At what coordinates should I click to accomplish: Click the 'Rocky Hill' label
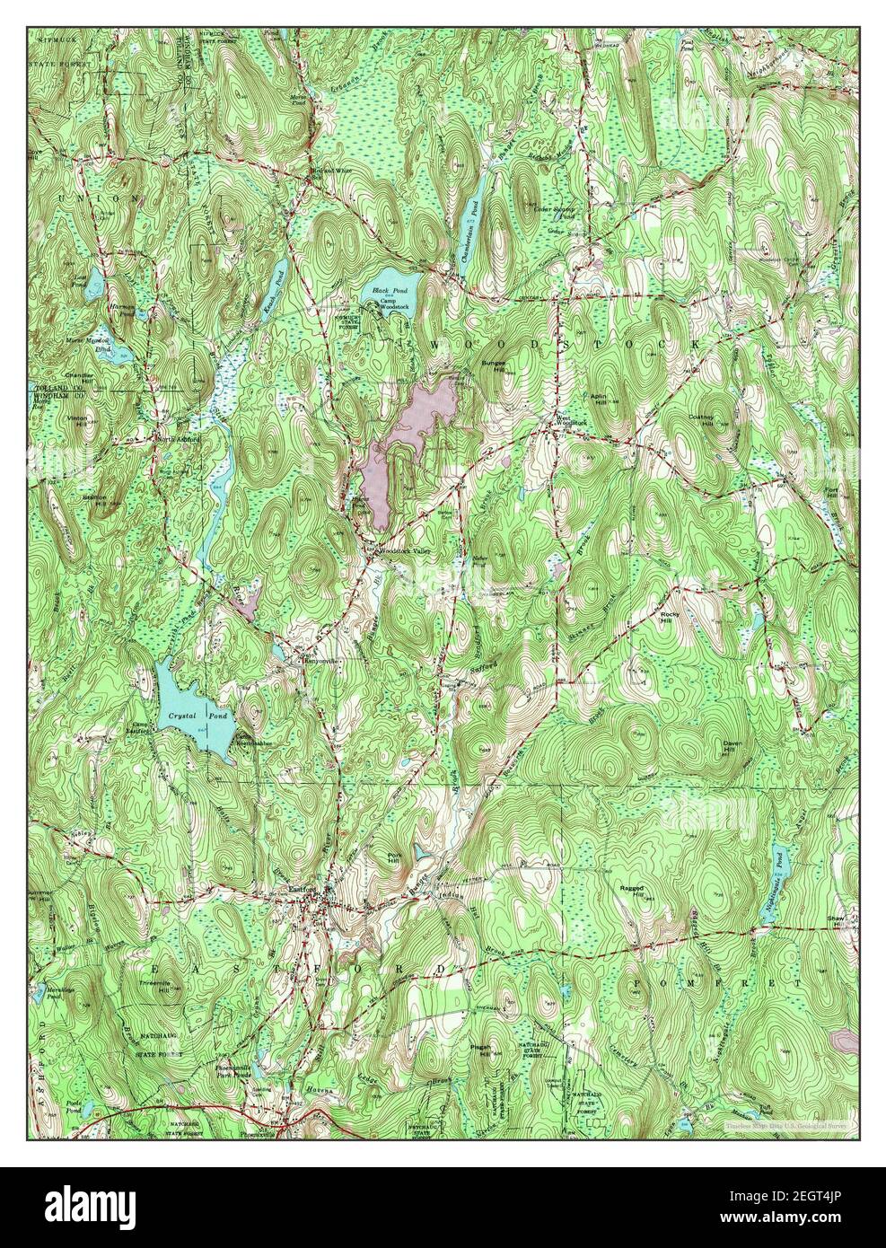691,615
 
